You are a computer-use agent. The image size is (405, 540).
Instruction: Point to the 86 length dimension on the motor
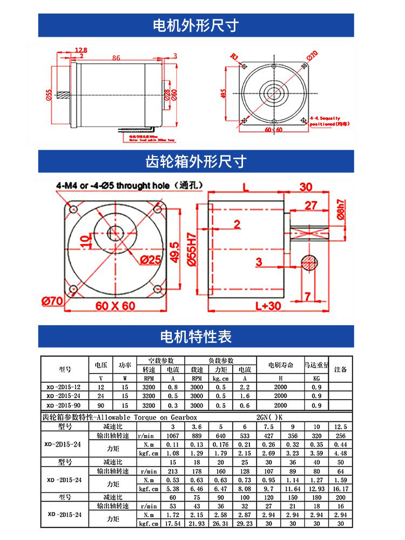(x=116, y=57)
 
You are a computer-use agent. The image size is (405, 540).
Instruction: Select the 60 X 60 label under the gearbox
(x=116, y=306)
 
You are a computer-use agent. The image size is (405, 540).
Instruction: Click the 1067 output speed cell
(x=173, y=436)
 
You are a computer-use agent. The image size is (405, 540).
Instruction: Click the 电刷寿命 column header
(x=280, y=366)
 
